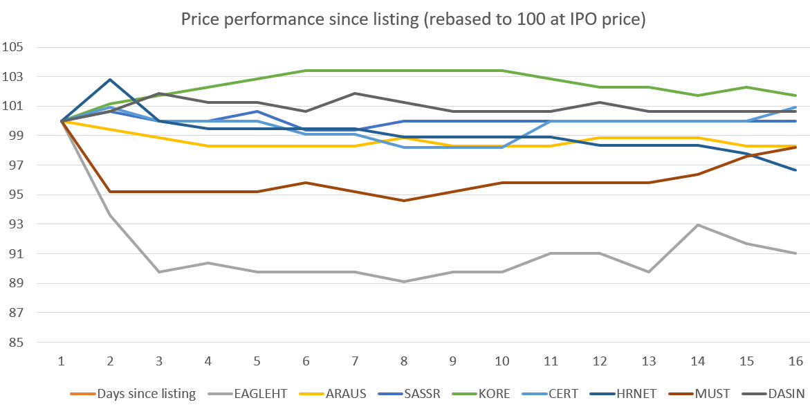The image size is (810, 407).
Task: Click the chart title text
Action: pyautogui.click(x=413, y=19)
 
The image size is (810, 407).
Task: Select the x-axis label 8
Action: pyautogui.click(x=404, y=361)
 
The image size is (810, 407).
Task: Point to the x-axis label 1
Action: pyautogui.click(x=62, y=361)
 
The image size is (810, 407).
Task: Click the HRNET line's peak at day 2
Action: pyautogui.click(x=111, y=80)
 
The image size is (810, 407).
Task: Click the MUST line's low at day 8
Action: pyautogui.click(x=404, y=201)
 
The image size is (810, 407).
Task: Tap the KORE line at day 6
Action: pyautogui.click(x=306, y=71)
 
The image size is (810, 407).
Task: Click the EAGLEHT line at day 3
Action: pyautogui.click(x=159, y=272)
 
